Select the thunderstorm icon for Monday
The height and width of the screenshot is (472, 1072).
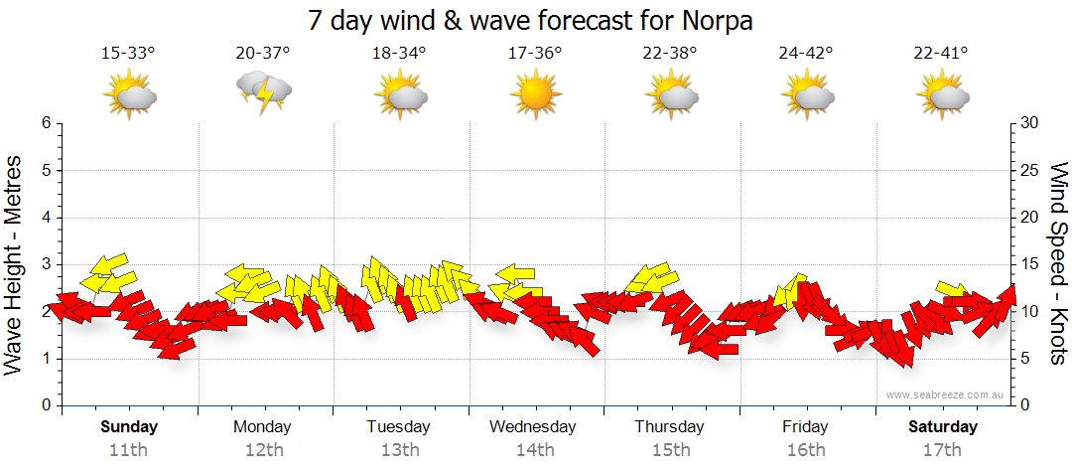coord(264,93)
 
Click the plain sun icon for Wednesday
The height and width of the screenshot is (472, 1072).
coord(535,93)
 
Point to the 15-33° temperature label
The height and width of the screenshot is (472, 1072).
coord(128,53)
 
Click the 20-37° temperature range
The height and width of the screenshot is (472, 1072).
coord(263,53)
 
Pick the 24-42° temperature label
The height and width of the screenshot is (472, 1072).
coord(805,53)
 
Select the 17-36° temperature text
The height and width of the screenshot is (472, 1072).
coord(535,53)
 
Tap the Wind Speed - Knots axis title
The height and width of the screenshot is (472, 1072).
coord(1056,264)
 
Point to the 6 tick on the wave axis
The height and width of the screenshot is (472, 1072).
coord(46,123)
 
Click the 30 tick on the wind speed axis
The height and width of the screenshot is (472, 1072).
coord(1031,123)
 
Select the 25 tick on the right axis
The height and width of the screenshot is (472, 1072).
coord(1031,170)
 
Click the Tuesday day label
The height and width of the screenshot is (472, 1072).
coord(398,427)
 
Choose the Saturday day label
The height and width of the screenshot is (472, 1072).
coord(943,427)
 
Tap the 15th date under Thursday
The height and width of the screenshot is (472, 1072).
coord(670,449)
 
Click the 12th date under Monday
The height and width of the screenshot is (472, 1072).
coord(263,449)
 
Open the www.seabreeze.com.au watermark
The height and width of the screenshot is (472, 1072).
coord(946,394)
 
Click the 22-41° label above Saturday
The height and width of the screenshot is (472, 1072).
coord(941,53)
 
